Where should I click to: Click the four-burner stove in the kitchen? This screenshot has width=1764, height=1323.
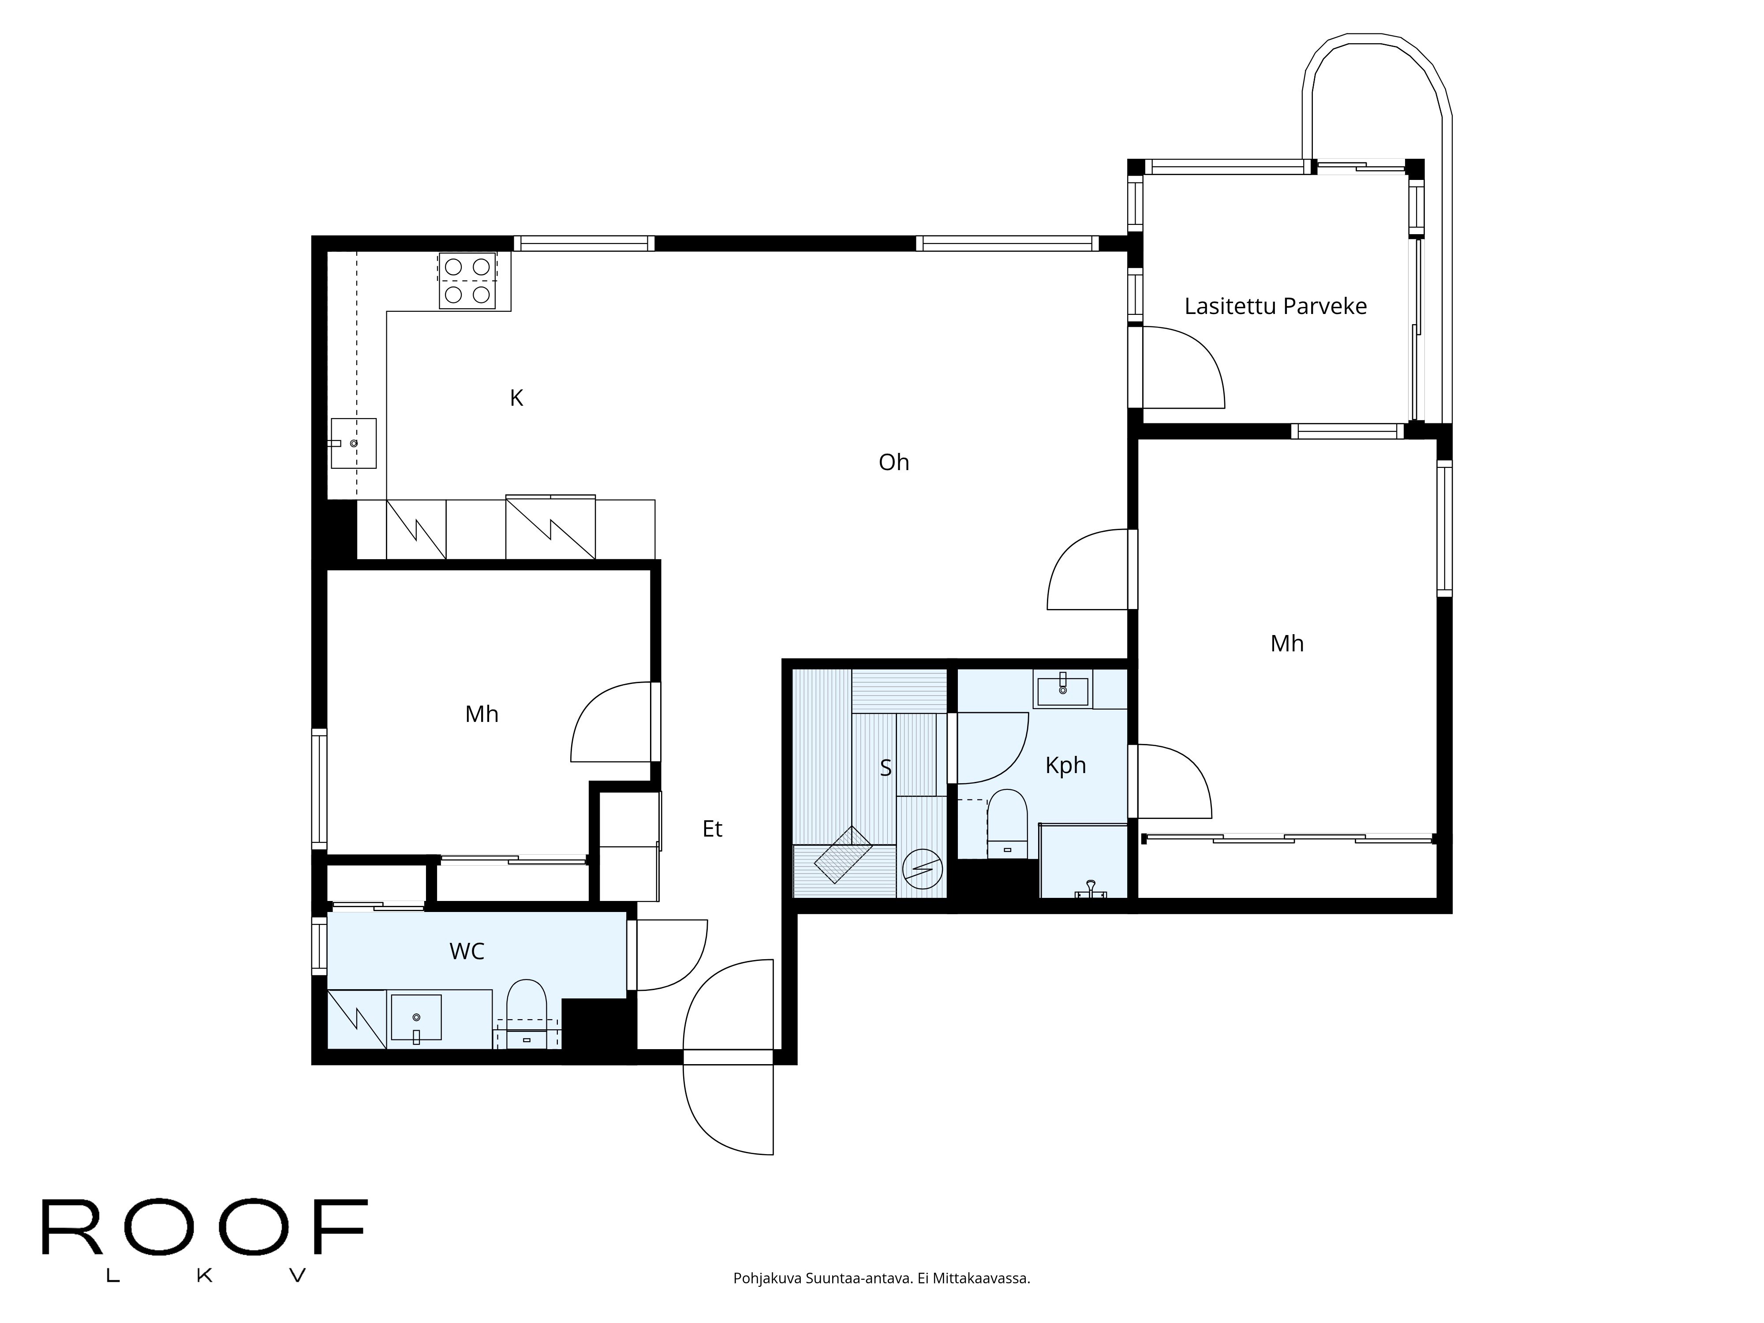467,281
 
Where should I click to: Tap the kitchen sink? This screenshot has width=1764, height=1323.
353,443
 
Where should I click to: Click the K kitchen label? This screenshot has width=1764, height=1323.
517,398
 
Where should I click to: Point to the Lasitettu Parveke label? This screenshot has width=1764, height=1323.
1275,306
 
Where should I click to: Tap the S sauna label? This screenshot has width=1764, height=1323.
885,768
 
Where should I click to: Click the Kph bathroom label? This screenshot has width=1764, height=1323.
1065,766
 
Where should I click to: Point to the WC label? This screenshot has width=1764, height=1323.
467,951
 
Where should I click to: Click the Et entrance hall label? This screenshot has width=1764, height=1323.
712,830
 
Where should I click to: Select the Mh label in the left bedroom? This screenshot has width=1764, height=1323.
482,714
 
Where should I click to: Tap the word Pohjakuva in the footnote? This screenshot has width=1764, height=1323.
767,1301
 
